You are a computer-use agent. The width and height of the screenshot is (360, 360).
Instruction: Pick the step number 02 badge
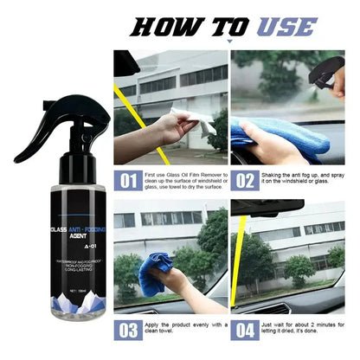click(244, 182)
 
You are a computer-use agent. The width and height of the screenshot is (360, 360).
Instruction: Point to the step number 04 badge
click(244, 329)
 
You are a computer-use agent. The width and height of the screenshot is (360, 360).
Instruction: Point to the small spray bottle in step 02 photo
click(329, 74)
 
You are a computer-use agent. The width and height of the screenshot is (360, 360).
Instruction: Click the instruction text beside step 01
click(183, 182)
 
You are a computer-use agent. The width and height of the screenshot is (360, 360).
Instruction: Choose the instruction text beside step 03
click(183, 329)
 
